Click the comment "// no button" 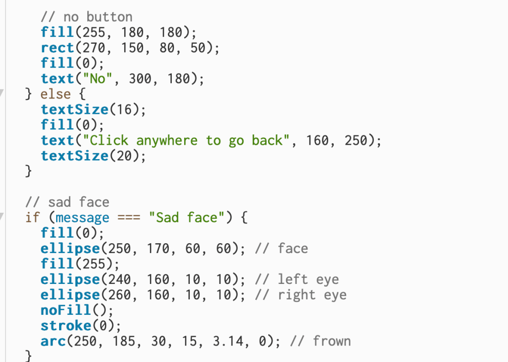click(86, 17)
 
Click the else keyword click(55, 94)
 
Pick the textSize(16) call click(93, 110)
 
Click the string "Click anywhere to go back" click(189, 141)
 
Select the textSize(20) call click(93, 156)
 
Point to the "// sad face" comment click(67, 202)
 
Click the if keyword click(32, 218)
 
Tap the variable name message click(82, 218)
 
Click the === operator click(128, 218)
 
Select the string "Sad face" click(187, 218)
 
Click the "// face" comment click(281, 249)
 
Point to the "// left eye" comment click(296, 279)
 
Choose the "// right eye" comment click(300, 295)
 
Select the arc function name click(52, 341)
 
